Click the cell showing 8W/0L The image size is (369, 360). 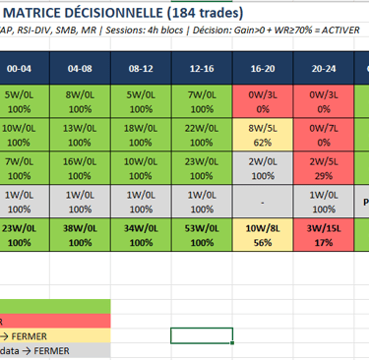(x=79, y=100)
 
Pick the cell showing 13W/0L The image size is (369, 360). (x=79, y=134)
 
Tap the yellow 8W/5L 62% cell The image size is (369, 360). (x=263, y=134)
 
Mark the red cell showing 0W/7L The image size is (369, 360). (x=324, y=134)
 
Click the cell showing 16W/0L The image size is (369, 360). (x=79, y=167)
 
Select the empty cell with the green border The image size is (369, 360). (x=201, y=334)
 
